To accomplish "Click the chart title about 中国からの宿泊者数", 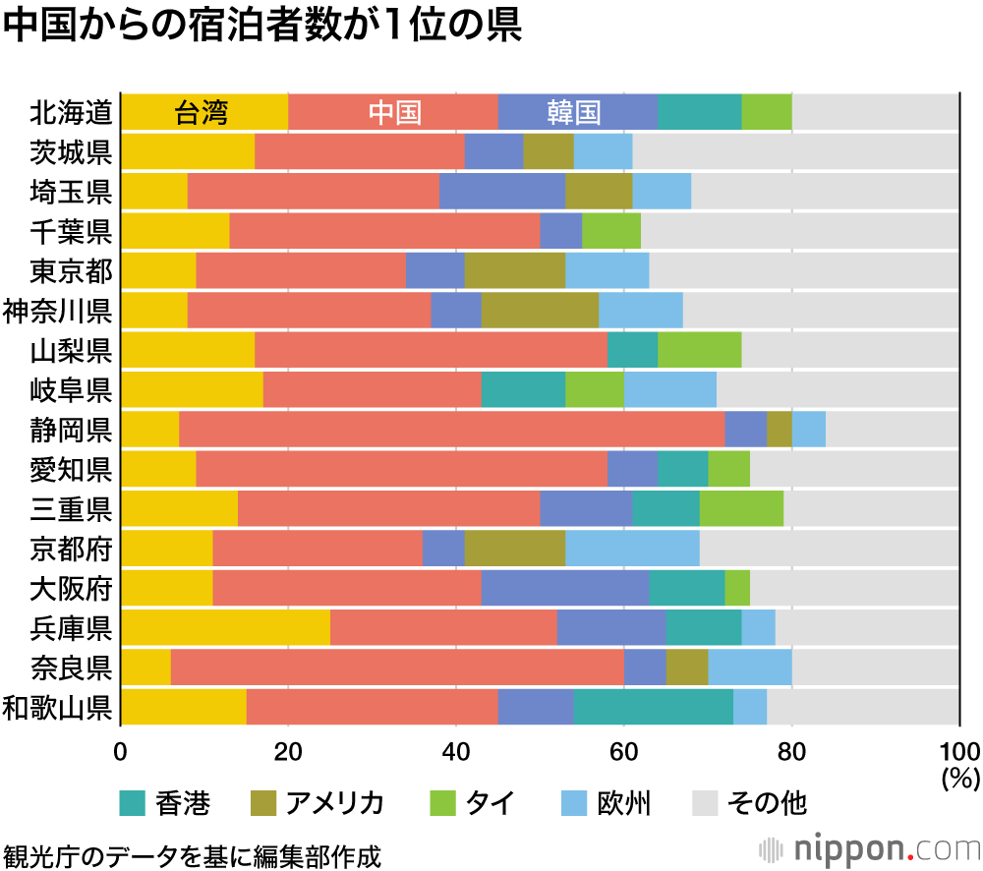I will pyautogui.click(x=261, y=27).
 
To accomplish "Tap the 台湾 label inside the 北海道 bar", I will pyautogui.click(x=202, y=113).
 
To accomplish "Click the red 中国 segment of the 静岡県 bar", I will pyautogui.click(x=451, y=429).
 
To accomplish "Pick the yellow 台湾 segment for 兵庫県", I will pyautogui.click(x=225, y=627).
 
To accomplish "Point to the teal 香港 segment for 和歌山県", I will pyautogui.click(x=653, y=707).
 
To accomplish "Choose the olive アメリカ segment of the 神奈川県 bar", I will pyautogui.click(x=540, y=310).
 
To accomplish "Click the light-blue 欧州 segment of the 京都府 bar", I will pyautogui.click(x=632, y=548).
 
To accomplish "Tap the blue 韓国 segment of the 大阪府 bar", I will pyautogui.click(x=565, y=588).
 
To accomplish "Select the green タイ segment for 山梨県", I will pyautogui.click(x=699, y=350).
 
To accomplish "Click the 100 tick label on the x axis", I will pyautogui.click(x=959, y=753).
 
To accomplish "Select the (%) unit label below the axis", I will pyautogui.click(x=959, y=780).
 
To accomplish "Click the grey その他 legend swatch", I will pyautogui.click(x=707, y=803).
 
